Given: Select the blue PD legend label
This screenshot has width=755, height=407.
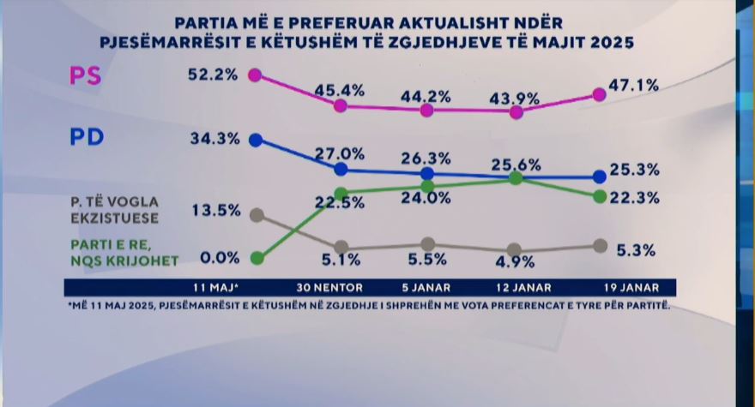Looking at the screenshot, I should coord(86,137).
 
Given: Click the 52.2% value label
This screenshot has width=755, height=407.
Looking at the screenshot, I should coord(212,75).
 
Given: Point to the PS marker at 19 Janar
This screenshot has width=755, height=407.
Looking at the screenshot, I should coord(600,95).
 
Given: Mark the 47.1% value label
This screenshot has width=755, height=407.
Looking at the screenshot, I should coord(635,85).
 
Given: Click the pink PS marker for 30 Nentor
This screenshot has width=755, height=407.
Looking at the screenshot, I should coord(341,105).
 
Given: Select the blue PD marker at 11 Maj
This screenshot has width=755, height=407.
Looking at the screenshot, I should coord(254,140).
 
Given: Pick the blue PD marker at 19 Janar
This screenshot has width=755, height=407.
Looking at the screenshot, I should coord(600,177).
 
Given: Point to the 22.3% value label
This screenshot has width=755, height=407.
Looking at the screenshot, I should coord(636,198).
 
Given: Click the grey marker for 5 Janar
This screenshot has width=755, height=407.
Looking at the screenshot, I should coord(428,245).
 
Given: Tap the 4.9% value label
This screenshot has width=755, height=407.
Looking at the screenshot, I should coord(515,262).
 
